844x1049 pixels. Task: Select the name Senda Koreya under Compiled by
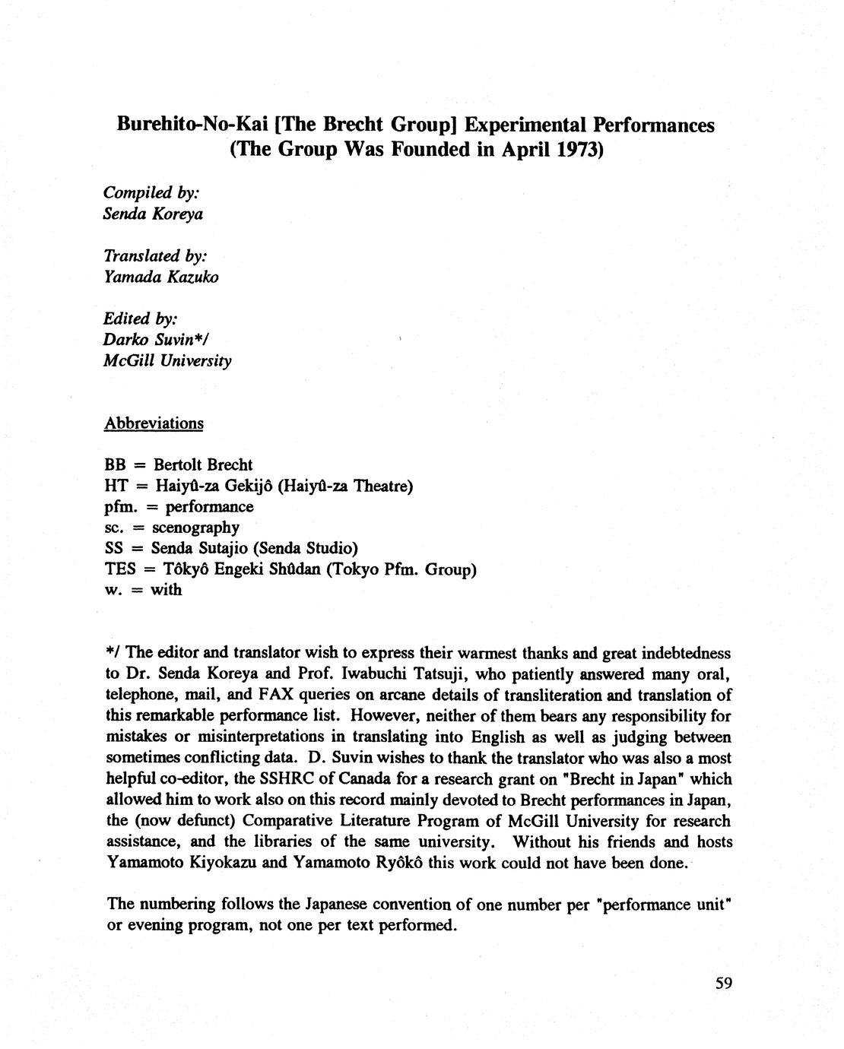(x=153, y=214)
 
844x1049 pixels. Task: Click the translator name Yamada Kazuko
(x=160, y=277)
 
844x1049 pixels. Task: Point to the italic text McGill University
(x=167, y=360)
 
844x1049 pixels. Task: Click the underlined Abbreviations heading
(x=154, y=423)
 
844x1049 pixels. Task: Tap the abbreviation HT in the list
(x=115, y=486)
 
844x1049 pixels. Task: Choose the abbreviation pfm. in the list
(x=117, y=506)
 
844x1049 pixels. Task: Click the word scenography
(x=195, y=528)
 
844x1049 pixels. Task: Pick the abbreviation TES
(x=119, y=569)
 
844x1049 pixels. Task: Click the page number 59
(x=723, y=983)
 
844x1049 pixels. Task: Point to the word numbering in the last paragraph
(x=179, y=905)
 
